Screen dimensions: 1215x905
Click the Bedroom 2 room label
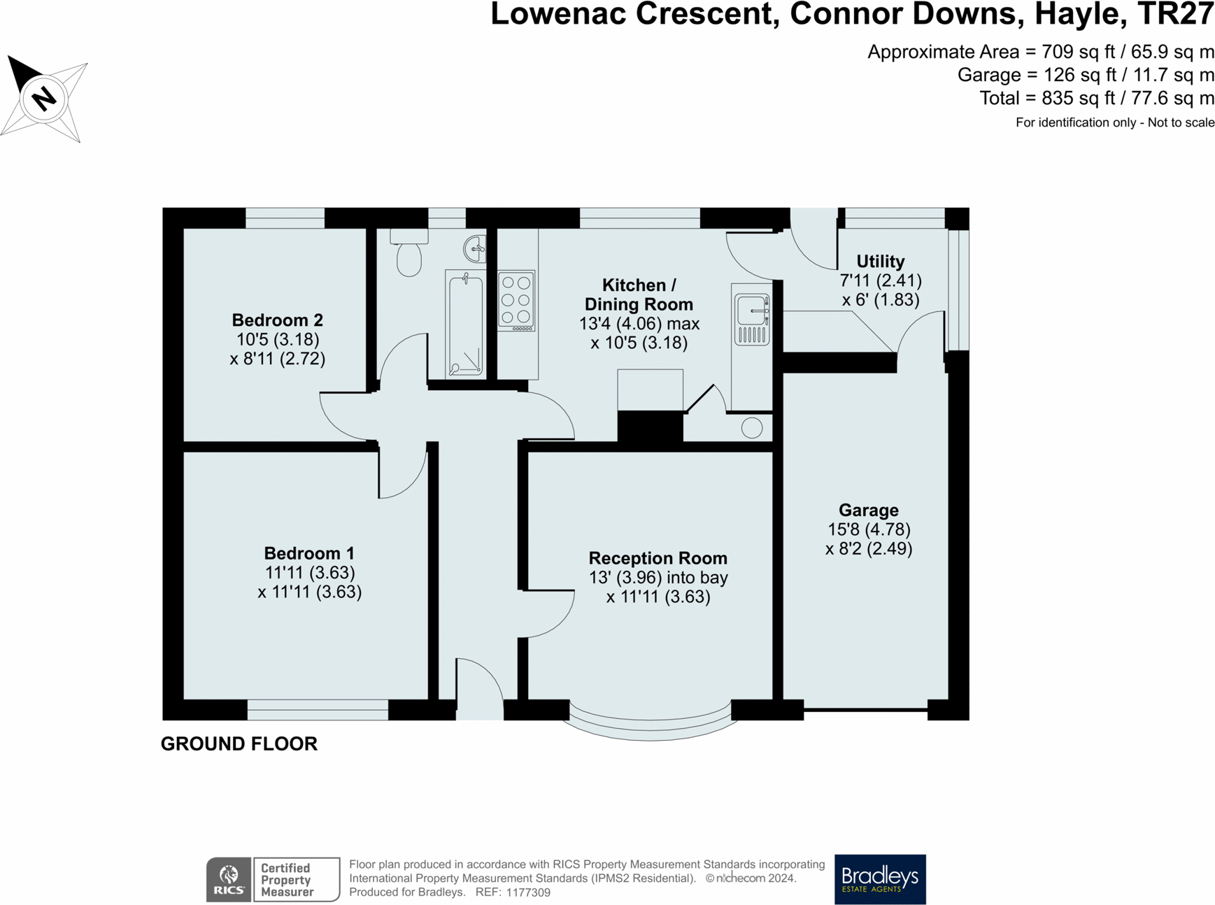tap(277, 320)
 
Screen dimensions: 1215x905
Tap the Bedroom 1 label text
tap(309, 553)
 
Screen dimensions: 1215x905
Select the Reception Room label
tap(658, 558)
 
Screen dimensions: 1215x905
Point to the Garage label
tap(868, 511)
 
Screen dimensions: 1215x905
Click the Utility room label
tap(880, 261)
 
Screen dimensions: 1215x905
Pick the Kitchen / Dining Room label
tap(639, 294)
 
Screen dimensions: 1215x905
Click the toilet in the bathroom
tap(409, 252)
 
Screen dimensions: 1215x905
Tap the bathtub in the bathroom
tap(465, 323)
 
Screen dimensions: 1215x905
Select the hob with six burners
tap(517, 301)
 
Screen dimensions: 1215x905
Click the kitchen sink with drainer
tap(752, 319)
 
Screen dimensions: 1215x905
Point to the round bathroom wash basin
tap(475, 248)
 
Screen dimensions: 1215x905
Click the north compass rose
tap(44, 98)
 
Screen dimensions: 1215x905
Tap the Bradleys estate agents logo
tap(880, 879)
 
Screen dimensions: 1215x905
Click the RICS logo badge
tap(229, 879)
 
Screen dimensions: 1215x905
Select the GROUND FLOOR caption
tap(239, 743)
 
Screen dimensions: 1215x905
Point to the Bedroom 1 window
tap(318, 709)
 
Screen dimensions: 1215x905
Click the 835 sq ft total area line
tap(1097, 98)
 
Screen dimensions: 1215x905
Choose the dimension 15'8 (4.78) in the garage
tap(868, 529)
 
